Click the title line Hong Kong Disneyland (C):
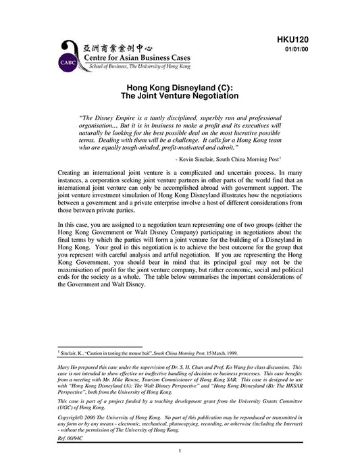tap(180, 88)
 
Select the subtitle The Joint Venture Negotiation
tap(180, 97)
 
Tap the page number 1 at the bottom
tap(180, 450)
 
